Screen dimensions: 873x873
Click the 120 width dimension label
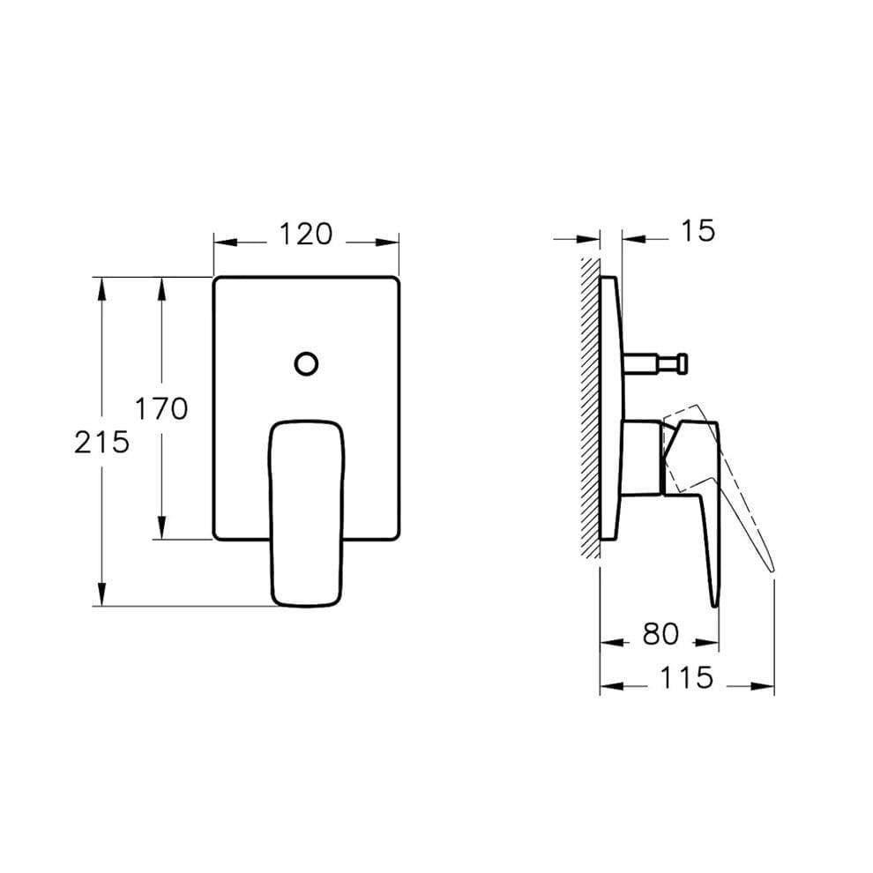click(x=306, y=234)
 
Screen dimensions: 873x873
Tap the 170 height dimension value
click(x=160, y=408)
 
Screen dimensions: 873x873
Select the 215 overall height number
click(x=101, y=441)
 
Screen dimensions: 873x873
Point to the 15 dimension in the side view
click(x=698, y=231)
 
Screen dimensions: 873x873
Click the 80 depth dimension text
click(x=660, y=633)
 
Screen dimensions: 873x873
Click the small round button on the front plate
click(x=306, y=362)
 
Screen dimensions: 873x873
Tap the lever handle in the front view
click(x=306, y=511)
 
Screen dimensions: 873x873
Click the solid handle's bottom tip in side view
click(x=713, y=604)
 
